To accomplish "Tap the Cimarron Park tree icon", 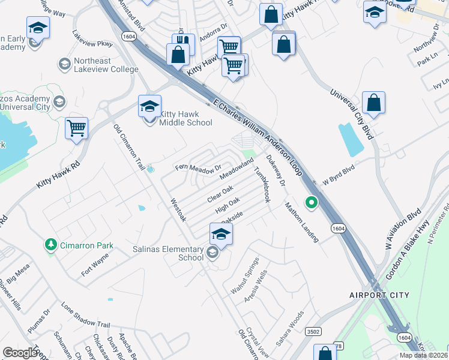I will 50,245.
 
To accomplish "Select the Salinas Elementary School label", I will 174,253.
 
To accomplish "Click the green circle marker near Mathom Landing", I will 311,202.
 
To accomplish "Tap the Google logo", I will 20,353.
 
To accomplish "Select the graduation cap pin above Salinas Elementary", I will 221,235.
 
